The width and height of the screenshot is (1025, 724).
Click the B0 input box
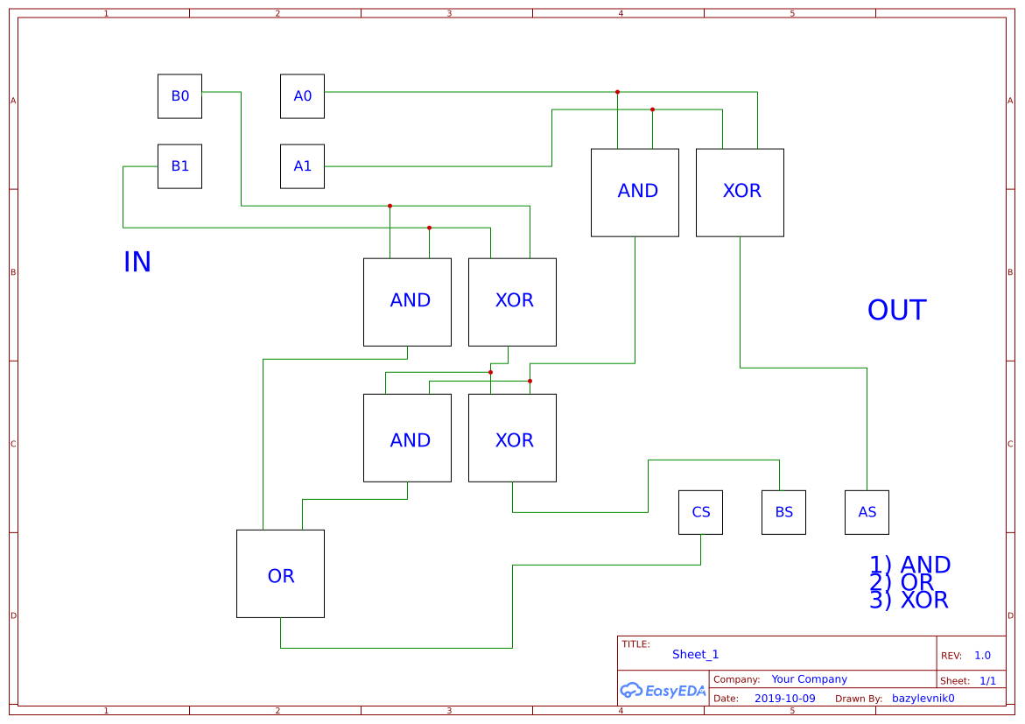[x=179, y=96]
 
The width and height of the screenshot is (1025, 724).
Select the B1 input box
[x=179, y=166]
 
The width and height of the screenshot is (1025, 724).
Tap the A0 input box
[x=302, y=96]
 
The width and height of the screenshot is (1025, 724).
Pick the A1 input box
[x=302, y=166]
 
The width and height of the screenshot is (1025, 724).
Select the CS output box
[x=700, y=512]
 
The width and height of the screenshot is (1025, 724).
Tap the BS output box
[x=783, y=512]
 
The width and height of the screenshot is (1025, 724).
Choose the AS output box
[x=867, y=512]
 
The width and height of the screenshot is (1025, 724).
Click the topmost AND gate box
[x=635, y=193]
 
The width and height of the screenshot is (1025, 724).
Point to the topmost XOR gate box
[x=740, y=193]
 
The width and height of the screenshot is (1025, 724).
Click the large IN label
[x=137, y=263]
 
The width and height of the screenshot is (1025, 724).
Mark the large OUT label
[x=896, y=311]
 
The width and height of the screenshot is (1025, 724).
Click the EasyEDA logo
[x=663, y=691]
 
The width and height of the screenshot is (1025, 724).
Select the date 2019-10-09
[x=784, y=699]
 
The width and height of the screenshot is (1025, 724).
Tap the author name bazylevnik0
[x=923, y=699]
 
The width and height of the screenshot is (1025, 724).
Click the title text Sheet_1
[x=695, y=655]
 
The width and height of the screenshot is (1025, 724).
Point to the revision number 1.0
[x=982, y=656]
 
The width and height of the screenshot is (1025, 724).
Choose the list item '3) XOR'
[x=909, y=601]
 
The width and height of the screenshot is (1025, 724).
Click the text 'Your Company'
[x=809, y=679]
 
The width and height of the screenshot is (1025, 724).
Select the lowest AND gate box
[x=407, y=438]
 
